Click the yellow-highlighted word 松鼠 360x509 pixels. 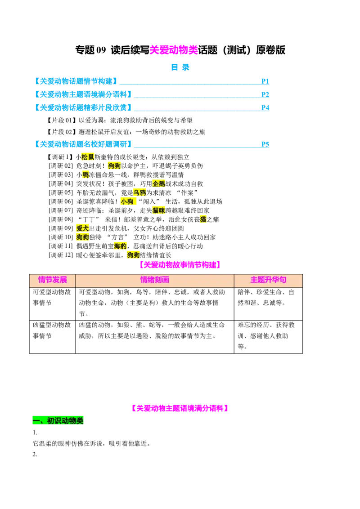tap(88, 157)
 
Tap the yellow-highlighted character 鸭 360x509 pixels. tap(85, 175)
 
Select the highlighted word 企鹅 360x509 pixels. tap(158, 183)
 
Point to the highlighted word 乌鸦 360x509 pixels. tap(139, 192)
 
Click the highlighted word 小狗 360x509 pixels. tap(127, 201)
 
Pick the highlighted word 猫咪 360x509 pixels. tap(158, 210)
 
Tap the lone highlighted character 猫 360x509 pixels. tap(203, 219)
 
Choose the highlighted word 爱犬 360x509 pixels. tap(82, 228)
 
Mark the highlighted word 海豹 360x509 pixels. tap(120, 246)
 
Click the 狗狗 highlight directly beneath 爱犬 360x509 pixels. tap(82, 237)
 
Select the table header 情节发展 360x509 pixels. tap(52, 280)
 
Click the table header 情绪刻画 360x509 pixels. tap(155, 280)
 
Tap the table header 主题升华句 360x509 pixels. tap(268, 280)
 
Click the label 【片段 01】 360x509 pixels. tap(62, 121)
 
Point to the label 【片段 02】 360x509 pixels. tap(62, 132)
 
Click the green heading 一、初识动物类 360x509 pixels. tap(58, 420)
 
